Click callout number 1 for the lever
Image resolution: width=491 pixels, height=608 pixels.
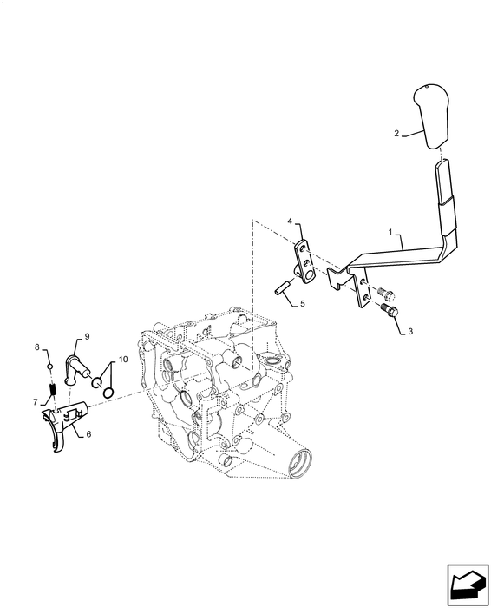pyautogui.click(x=391, y=233)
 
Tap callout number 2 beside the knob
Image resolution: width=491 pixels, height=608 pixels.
pyautogui.click(x=396, y=134)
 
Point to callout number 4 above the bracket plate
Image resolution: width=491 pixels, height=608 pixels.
pyautogui.click(x=291, y=222)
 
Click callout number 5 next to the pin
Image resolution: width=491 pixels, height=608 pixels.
pyautogui.click(x=303, y=304)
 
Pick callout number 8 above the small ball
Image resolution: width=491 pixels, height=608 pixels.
pyautogui.click(x=37, y=347)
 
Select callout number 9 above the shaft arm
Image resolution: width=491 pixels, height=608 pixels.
pyautogui.click(x=87, y=335)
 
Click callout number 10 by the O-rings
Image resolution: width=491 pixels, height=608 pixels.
pyautogui.click(x=123, y=359)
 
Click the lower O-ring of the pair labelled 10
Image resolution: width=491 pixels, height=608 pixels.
pyautogui.click(x=108, y=393)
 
